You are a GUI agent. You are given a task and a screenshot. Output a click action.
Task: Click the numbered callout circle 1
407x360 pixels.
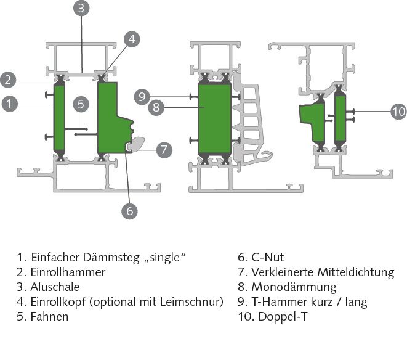(9, 104)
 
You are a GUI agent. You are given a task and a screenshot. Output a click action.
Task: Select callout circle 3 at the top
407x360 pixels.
(82, 9)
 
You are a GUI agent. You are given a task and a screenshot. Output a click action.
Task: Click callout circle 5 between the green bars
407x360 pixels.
(80, 104)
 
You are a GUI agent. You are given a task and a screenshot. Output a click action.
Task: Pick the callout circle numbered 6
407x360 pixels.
(129, 210)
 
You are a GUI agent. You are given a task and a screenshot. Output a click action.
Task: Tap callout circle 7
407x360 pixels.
(163, 149)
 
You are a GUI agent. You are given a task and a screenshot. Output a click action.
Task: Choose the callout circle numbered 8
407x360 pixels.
(156, 107)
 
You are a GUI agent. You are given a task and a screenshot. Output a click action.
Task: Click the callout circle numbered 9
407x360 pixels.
(142, 96)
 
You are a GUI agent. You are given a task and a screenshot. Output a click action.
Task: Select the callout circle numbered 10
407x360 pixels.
(398, 112)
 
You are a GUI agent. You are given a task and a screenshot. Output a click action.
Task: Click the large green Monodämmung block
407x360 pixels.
(214, 117)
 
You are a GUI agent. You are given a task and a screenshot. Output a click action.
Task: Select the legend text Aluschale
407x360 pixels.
(55, 287)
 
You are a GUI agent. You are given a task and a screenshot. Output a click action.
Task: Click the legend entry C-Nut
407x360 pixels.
(267, 257)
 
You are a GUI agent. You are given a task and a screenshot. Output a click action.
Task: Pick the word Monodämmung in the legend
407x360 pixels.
(294, 287)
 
